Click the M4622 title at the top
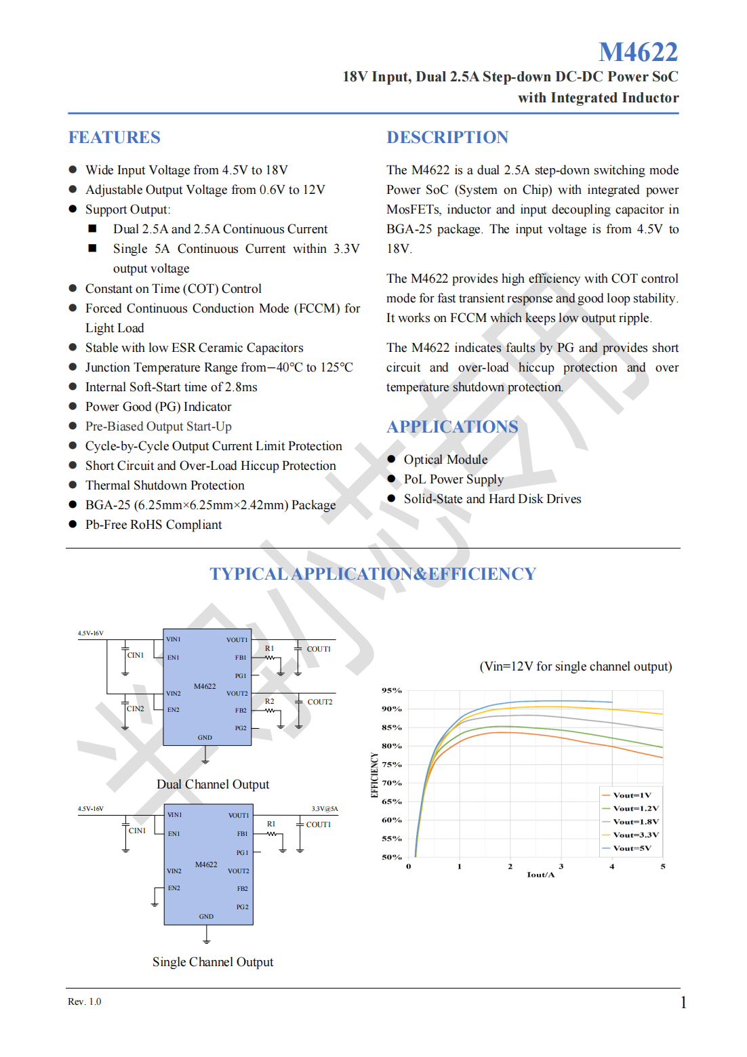(638, 52)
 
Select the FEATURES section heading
(114, 138)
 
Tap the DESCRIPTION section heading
(447, 138)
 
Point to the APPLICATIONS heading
(452, 427)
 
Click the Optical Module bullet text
(445, 460)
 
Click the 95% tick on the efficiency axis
(392, 691)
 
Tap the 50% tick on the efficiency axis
(392, 858)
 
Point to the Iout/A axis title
(540, 875)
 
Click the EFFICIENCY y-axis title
(374, 774)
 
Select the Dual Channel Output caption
(213, 784)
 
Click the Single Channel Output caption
(213, 962)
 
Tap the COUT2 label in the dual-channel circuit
(320, 702)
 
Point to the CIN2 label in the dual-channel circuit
(136, 709)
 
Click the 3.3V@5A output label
(325, 809)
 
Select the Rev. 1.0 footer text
(84, 1002)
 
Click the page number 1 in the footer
(683, 1003)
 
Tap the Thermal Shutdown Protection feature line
(165, 485)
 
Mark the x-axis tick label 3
(561, 866)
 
